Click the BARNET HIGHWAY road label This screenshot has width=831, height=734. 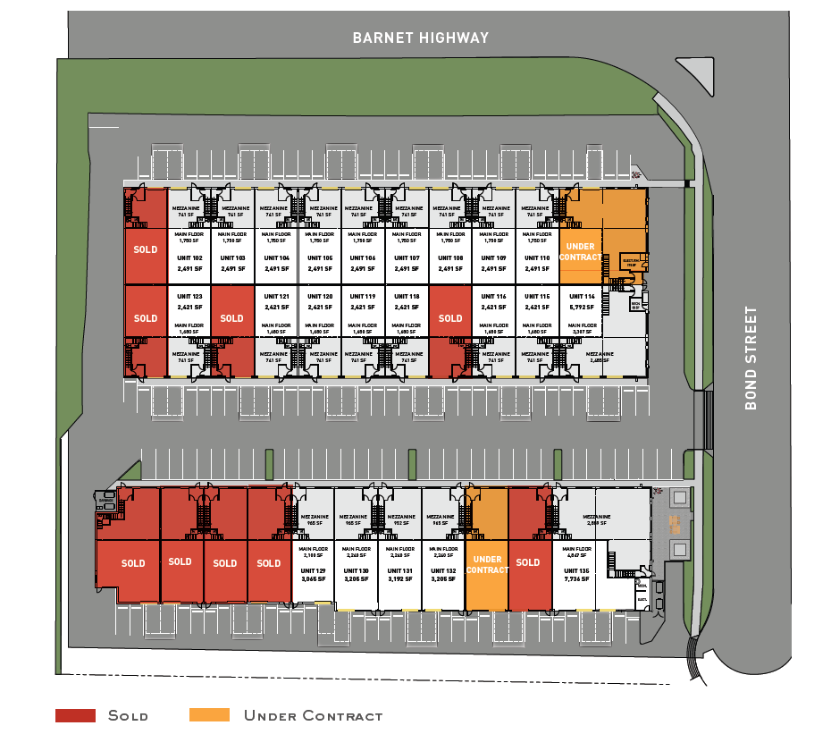[x=421, y=38]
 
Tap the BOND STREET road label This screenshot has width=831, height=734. [x=751, y=358]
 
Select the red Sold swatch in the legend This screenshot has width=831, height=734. [x=75, y=715]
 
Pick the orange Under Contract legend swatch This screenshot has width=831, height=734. [x=209, y=715]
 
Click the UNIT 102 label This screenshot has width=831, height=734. [x=189, y=258]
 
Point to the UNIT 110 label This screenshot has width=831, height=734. [x=537, y=258]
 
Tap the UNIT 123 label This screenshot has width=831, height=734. [x=189, y=297]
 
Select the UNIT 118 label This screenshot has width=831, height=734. [x=407, y=297]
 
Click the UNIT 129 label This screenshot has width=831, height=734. [x=313, y=570]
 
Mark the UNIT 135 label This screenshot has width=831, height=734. [x=577, y=570]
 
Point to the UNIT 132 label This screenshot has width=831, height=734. [x=444, y=570]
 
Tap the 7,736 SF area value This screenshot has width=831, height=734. [x=577, y=579]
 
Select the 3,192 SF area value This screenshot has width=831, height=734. [x=399, y=579]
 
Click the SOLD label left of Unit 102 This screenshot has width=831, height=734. [x=146, y=249]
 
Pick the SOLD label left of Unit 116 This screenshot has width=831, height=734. [x=450, y=318]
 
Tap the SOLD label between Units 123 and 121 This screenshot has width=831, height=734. [x=231, y=318]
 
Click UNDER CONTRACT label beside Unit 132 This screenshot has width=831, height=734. [x=487, y=565]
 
